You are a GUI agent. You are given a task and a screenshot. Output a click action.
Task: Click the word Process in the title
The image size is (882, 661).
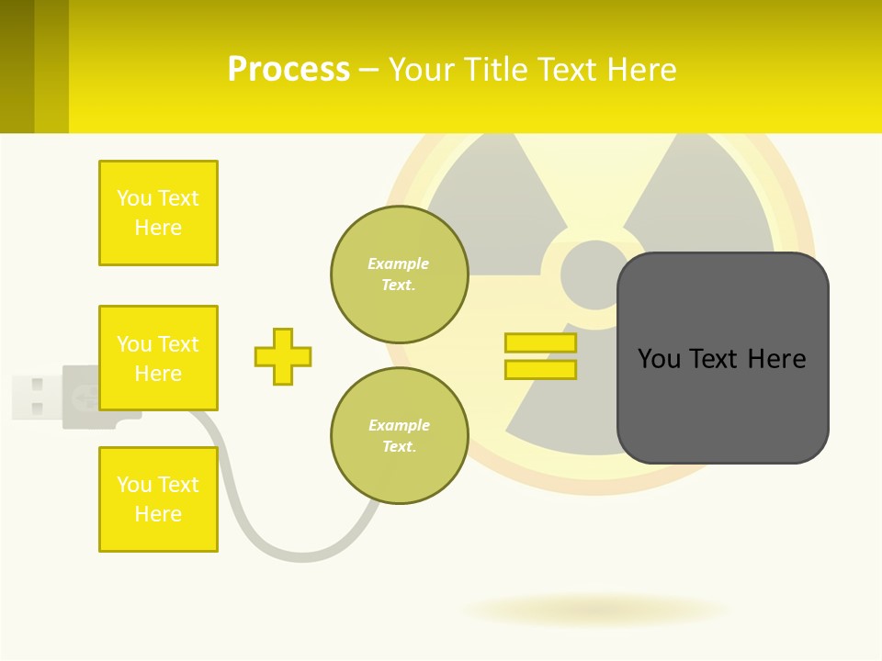[x=288, y=70]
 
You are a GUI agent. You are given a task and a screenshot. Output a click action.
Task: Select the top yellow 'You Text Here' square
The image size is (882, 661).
[x=158, y=213]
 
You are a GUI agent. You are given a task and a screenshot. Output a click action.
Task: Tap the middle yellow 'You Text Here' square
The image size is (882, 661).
[x=158, y=358]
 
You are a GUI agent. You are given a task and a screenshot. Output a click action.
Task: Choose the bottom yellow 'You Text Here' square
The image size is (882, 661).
[x=158, y=499]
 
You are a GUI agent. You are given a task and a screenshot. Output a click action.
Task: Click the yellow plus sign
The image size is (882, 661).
[x=283, y=356]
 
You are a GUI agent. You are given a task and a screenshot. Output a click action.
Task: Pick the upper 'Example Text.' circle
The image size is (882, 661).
[x=399, y=274]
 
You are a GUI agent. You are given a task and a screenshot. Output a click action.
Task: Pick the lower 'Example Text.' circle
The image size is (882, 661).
[x=399, y=435]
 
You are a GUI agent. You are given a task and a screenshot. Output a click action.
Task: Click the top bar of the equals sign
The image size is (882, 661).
[x=540, y=343]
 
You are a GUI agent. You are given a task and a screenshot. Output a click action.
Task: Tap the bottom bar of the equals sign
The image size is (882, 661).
[x=540, y=370]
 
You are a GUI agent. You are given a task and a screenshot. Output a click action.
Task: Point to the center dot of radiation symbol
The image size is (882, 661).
[x=594, y=274]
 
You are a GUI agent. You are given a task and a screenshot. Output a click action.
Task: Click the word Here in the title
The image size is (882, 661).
[x=643, y=70]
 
